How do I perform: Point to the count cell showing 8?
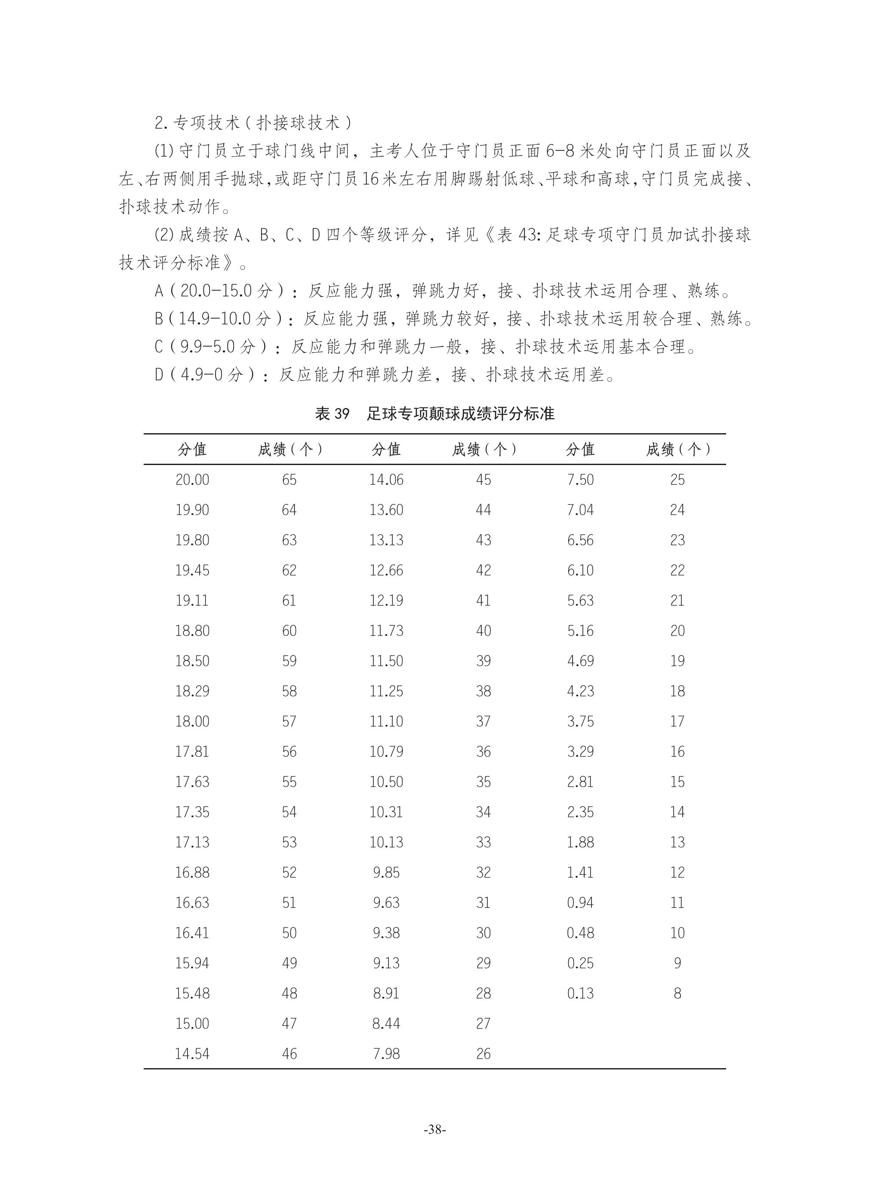pyautogui.click(x=677, y=993)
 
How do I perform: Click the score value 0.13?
pyautogui.click(x=580, y=993)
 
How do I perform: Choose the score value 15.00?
pyautogui.click(x=192, y=1023)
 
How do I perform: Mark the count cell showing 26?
pyautogui.click(x=483, y=1054)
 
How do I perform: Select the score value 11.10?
pyautogui.click(x=386, y=721)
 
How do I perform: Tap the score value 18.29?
pyautogui.click(x=192, y=691)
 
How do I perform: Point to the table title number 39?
pyautogui.click(x=341, y=413)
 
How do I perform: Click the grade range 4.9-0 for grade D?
pyautogui.click(x=201, y=375)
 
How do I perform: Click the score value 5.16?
pyautogui.click(x=580, y=631)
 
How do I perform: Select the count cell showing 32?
pyautogui.click(x=483, y=872)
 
